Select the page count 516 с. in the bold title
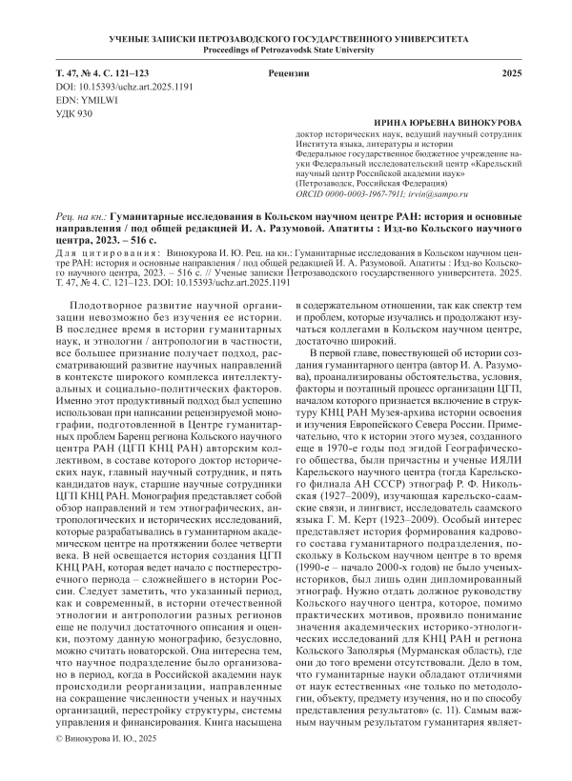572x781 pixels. click(161, 242)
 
